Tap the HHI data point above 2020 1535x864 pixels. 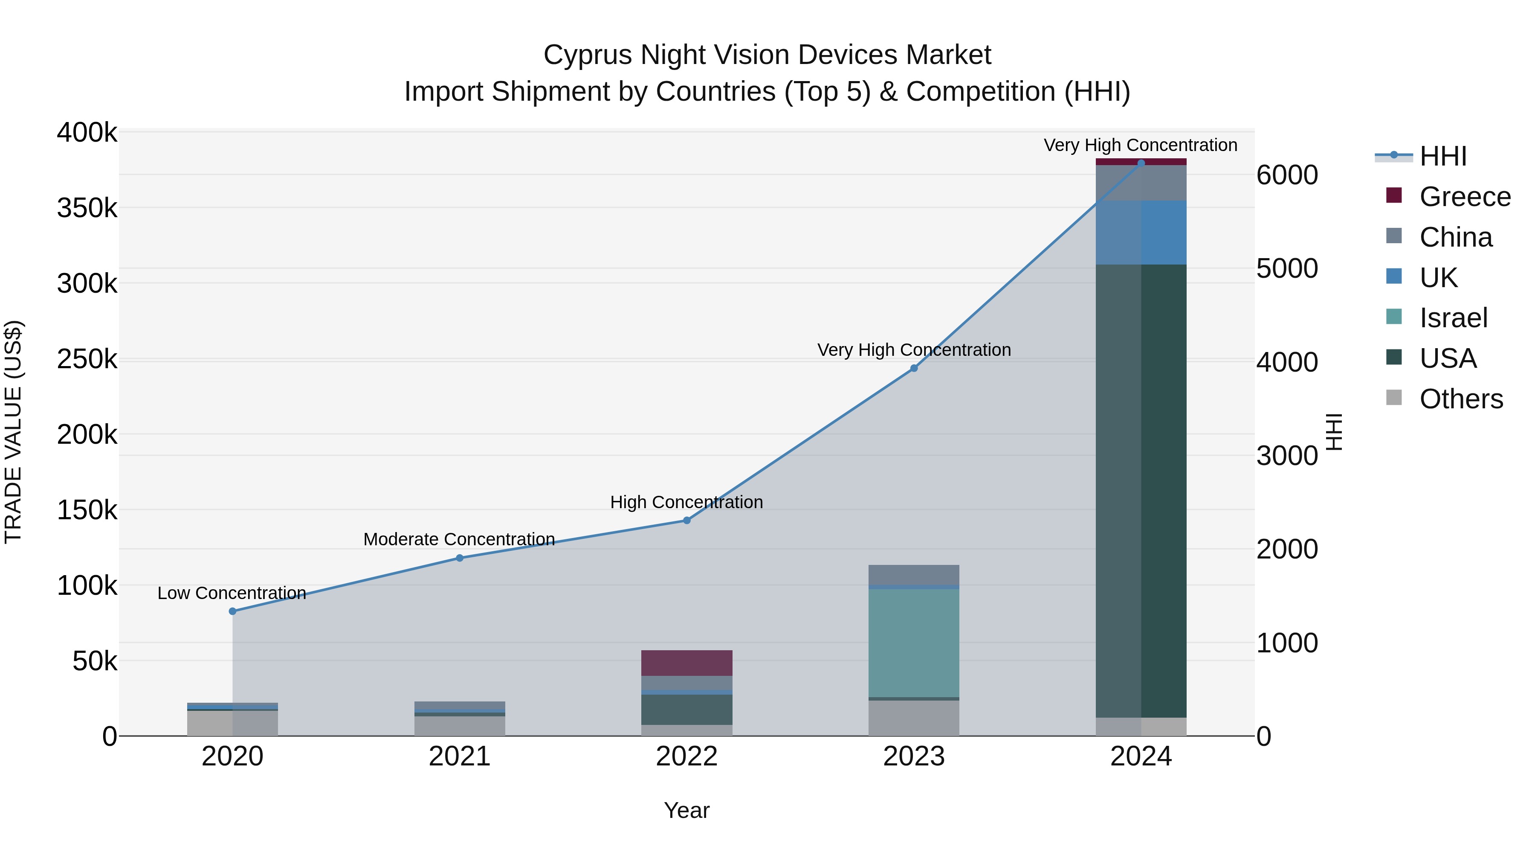click(232, 611)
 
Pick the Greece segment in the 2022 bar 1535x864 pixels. click(686, 663)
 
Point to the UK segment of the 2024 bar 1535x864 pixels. click(1141, 233)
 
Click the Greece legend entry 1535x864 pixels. click(1464, 197)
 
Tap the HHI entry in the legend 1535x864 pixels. click(1442, 156)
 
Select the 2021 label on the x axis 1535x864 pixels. click(459, 756)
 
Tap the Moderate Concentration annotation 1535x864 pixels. click(459, 539)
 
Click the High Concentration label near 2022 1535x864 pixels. click(686, 502)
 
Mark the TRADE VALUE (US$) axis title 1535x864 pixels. click(13, 432)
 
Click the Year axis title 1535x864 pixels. click(686, 810)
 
